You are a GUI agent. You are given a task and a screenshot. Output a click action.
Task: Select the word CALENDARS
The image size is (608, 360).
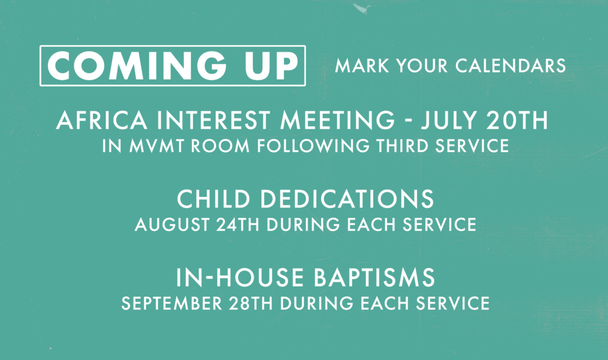coord(510,65)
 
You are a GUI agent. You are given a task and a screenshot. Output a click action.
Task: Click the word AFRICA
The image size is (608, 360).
coord(102,120)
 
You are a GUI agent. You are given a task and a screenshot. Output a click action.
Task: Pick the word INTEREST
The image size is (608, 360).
coord(214,120)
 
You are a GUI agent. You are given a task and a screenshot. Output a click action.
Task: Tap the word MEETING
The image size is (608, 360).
coord(338,120)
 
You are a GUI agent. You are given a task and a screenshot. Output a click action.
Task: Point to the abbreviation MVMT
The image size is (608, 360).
coord(157,146)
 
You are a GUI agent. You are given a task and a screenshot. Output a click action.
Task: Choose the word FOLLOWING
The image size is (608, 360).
coord(313,146)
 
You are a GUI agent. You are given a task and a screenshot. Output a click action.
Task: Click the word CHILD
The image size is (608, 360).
coord(214,198)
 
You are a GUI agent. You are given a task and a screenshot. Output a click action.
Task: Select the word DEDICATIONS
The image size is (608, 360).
coord(347,198)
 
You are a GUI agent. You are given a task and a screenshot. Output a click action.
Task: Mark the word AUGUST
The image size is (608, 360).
coord(173,225)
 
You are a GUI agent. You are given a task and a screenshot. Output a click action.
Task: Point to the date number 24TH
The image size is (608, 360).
coord(237,225)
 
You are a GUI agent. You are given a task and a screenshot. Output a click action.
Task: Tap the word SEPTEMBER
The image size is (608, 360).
coord(172,303)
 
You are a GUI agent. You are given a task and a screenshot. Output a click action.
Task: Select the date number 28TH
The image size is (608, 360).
coord(251,303)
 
